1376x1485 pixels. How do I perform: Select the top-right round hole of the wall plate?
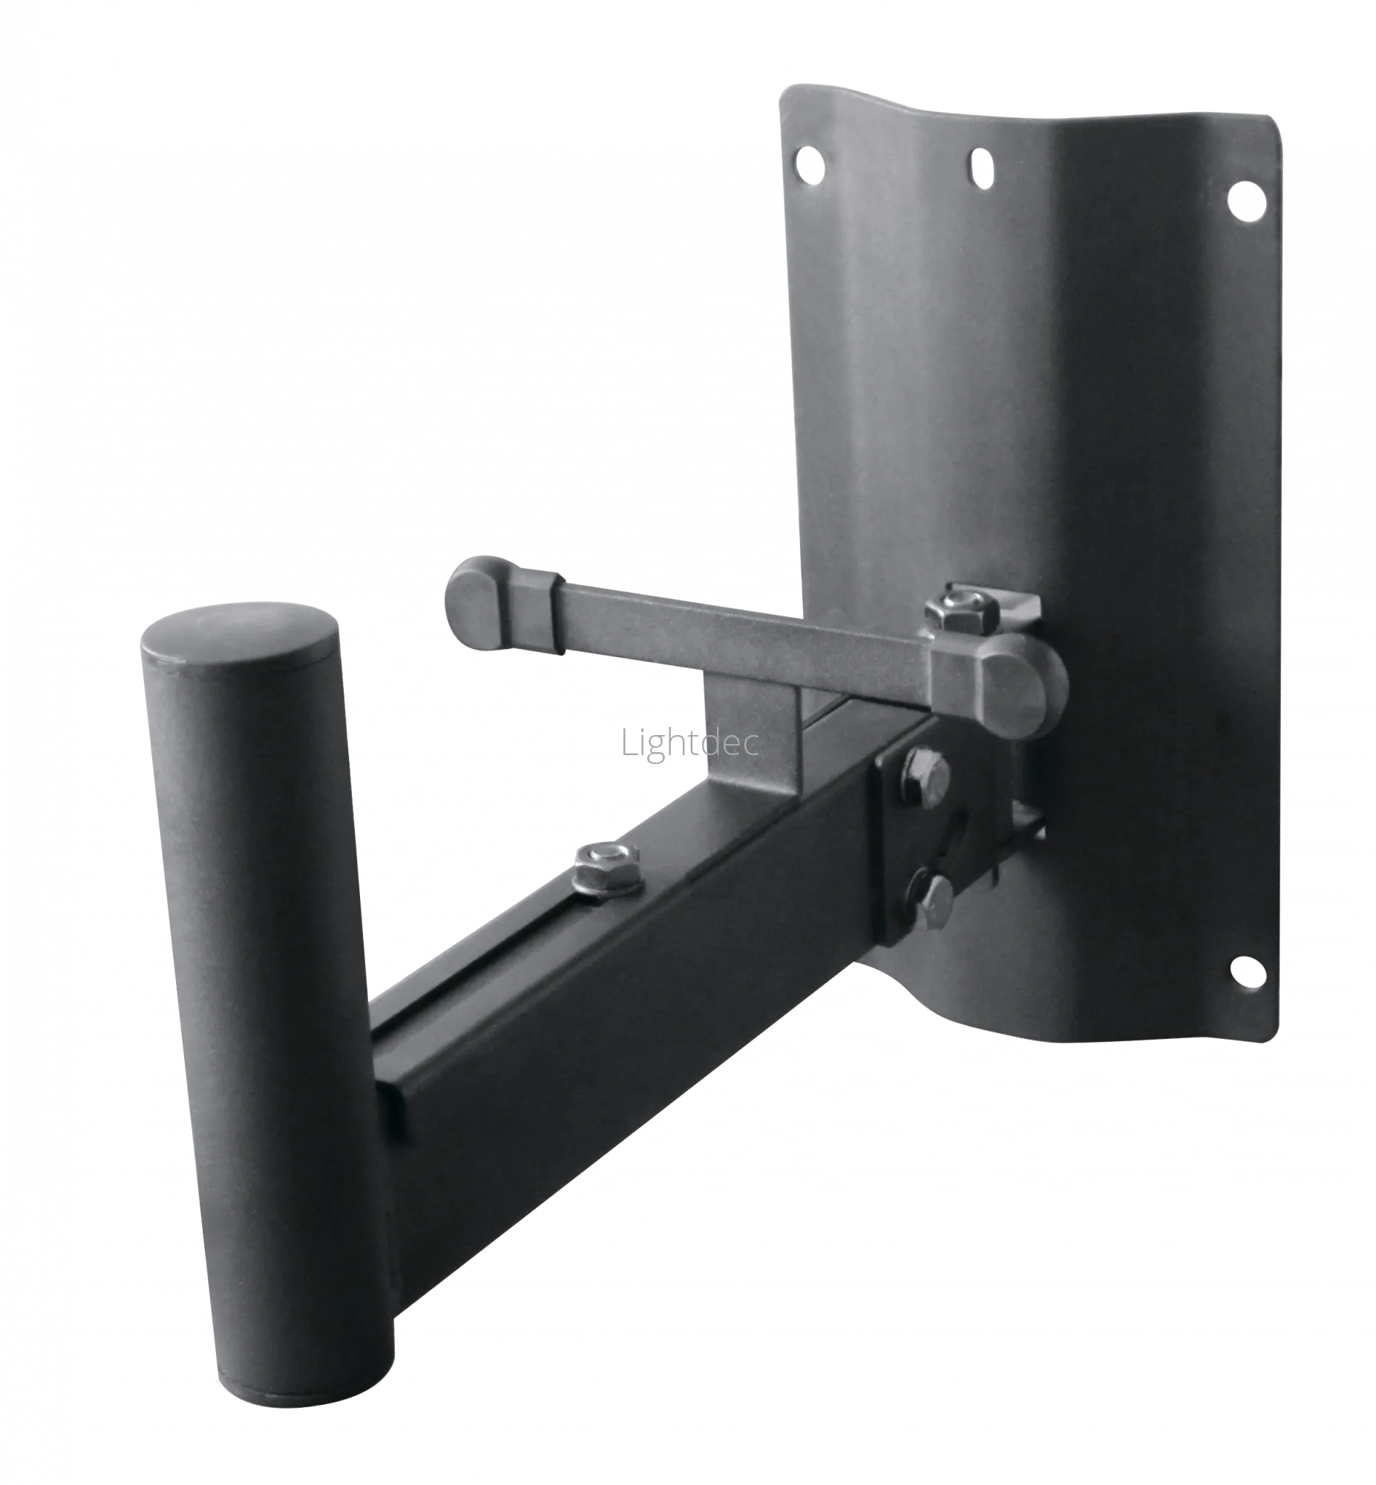pyautogui.click(x=1247, y=200)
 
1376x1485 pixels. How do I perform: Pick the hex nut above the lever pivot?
pyautogui.click(x=952, y=613)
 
